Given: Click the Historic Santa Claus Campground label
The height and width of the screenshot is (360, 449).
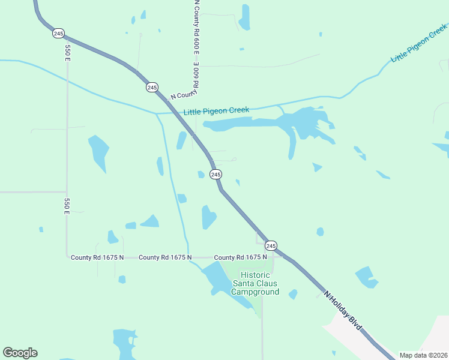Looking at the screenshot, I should [x=256, y=283].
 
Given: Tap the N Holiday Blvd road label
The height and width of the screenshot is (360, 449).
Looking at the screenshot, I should [x=343, y=311].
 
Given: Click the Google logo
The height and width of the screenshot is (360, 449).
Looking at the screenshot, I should [x=20, y=353].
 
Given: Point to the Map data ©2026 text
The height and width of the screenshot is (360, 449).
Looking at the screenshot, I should [x=423, y=355].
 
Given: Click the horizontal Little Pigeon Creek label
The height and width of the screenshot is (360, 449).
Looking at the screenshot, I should [x=216, y=111].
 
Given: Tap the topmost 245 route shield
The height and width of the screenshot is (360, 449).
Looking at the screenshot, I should [x=58, y=34].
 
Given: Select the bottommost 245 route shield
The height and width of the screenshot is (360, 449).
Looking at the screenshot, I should [x=271, y=246].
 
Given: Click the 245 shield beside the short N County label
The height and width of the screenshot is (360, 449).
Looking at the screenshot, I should [x=152, y=88].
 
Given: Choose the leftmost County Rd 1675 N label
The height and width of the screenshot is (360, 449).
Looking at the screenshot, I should [x=97, y=257].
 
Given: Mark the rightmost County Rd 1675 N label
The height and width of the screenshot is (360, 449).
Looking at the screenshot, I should [x=240, y=257].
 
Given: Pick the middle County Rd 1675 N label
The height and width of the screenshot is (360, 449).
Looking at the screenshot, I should [x=165, y=257].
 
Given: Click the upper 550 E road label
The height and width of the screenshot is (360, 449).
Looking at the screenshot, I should [x=67, y=53].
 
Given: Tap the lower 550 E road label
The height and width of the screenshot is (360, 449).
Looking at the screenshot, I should [x=67, y=205].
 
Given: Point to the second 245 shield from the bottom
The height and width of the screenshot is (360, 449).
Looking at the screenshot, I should [x=216, y=174].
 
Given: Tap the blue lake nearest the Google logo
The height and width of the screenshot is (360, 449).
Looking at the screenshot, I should [x=125, y=343].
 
